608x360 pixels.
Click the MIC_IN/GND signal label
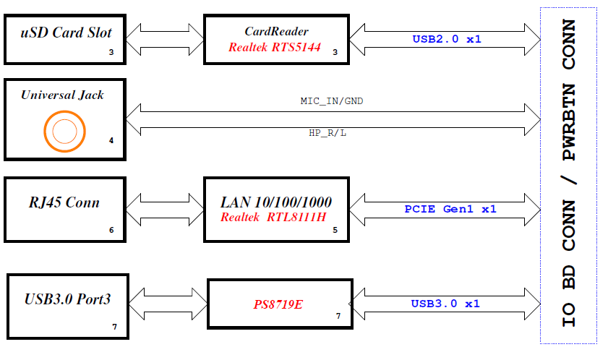point(332,101)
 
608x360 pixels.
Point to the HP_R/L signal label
point(327,134)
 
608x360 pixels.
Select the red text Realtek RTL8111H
point(273,217)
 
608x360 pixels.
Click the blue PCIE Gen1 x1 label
point(450,209)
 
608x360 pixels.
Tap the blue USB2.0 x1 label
point(446,39)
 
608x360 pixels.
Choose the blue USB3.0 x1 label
point(445,304)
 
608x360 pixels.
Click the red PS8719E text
point(278,304)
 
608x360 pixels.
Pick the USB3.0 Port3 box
point(67,306)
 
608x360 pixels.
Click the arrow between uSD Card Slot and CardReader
point(164,38)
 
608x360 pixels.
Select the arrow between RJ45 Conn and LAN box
point(164,209)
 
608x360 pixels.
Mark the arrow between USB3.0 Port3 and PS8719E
point(168,304)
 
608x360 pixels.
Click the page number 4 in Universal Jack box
point(111,140)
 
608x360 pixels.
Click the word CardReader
point(276,31)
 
